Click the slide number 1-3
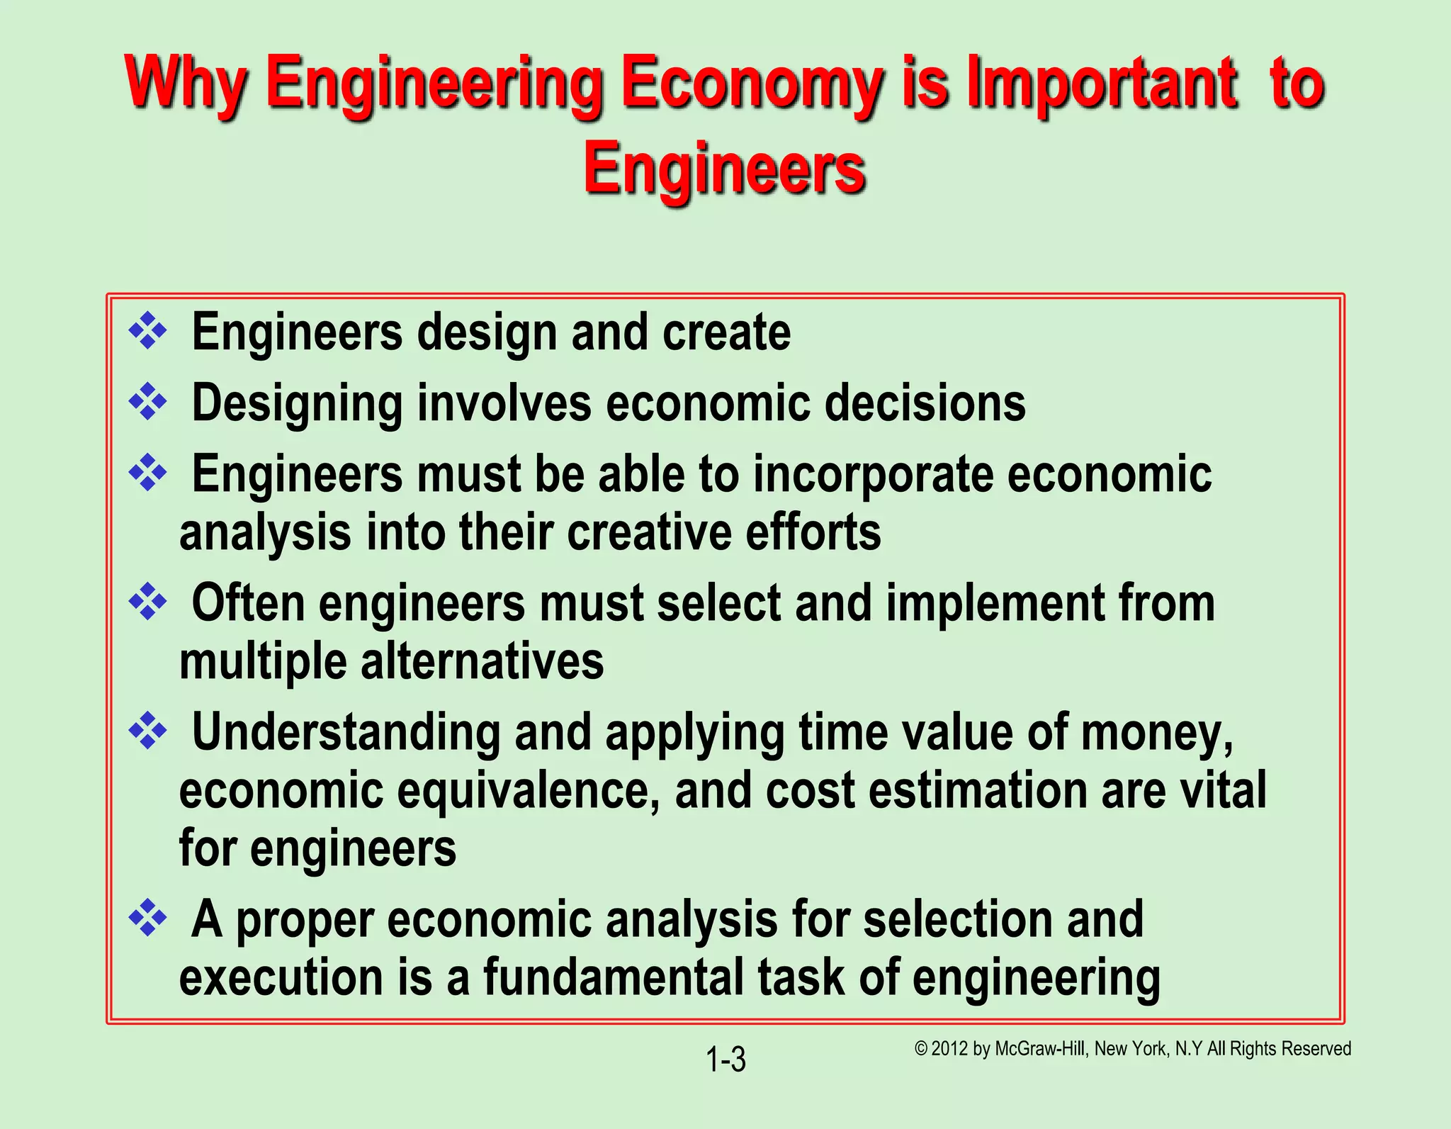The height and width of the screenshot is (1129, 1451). [725, 1060]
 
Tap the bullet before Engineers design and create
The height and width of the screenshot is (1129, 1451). [147, 330]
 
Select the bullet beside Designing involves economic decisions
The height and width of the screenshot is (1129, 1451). [147, 402]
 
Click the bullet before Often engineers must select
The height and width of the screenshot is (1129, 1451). [147, 602]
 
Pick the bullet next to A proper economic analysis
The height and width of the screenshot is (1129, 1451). [147, 918]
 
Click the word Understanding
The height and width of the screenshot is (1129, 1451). [346, 732]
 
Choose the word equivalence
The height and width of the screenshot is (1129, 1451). [529, 790]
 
